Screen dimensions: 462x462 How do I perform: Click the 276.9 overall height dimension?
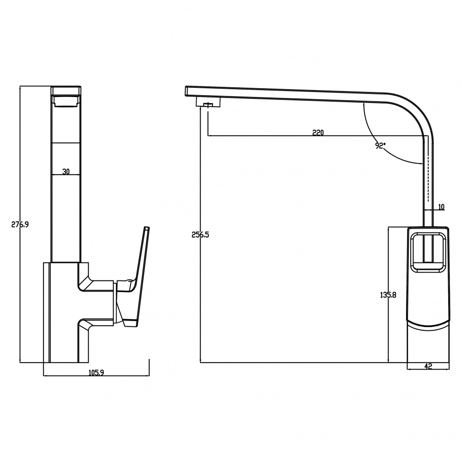(x=20, y=225)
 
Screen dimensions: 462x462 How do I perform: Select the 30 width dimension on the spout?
(x=66, y=171)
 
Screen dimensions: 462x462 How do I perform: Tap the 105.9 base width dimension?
(x=97, y=373)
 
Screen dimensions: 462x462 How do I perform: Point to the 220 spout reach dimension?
(x=318, y=133)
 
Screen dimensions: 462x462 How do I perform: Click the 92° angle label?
(x=380, y=146)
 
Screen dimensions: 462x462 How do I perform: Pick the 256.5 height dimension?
(x=201, y=235)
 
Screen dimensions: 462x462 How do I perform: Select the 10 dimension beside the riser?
(x=441, y=207)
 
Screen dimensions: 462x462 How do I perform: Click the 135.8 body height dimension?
(x=388, y=295)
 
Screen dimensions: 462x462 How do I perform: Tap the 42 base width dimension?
(x=428, y=366)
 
